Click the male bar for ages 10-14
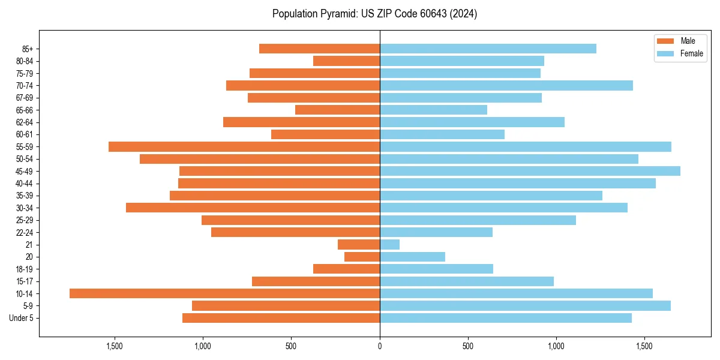[x=224, y=293]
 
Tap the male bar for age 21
[x=359, y=244]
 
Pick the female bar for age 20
[x=412, y=257]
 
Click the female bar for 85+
[x=488, y=49]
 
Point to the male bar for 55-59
[x=244, y=146]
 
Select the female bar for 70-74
[x=506, y=85]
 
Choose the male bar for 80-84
[x=346, y=61]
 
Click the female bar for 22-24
[x=436, y=232]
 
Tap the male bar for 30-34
[x=253, y=208]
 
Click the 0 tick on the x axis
[x=380, y=346]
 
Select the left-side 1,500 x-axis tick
[x=115, y=346]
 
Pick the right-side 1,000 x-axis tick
[x=556, y=346]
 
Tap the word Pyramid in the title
[x=336, y=14]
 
